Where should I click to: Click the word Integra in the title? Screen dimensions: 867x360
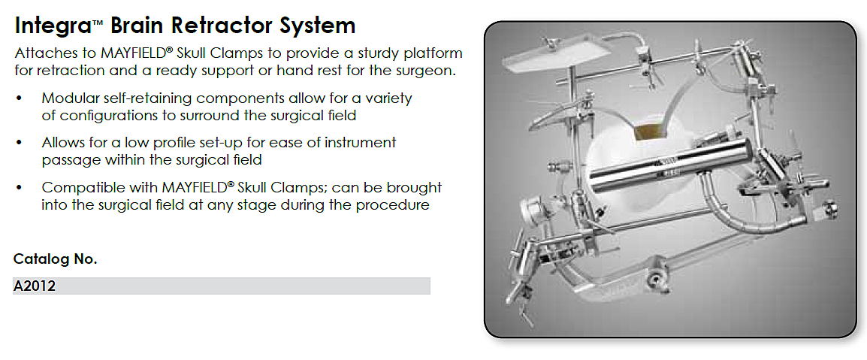[53, 26]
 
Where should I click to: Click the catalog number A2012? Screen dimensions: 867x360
[34, 286]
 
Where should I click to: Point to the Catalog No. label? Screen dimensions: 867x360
[56, 259]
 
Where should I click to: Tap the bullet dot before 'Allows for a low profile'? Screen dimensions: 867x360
[20, 143]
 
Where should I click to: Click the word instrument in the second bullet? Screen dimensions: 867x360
[361, 143]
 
